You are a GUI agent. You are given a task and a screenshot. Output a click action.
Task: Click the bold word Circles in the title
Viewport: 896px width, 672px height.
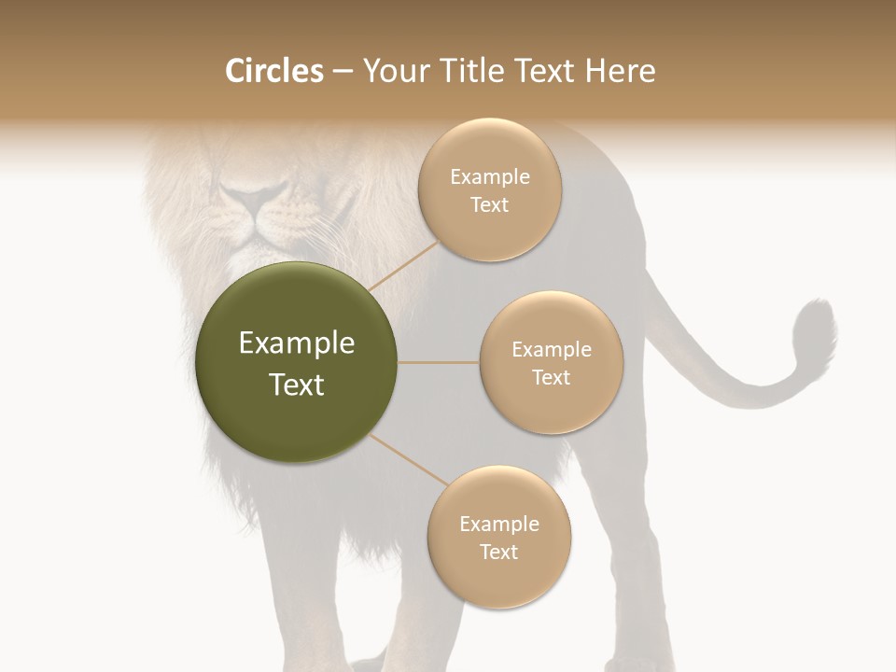[273, 71]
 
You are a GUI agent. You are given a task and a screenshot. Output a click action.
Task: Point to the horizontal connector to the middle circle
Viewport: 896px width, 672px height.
[439, 362]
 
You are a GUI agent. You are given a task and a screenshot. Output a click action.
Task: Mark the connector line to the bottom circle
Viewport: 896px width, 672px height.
[408, 461]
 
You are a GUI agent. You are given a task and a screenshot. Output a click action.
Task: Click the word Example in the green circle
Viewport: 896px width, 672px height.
[297, 343]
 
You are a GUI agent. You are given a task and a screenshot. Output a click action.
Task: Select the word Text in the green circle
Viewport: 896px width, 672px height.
[297, 385]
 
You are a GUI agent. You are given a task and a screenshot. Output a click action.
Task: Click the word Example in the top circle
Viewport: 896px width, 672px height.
[490, 177]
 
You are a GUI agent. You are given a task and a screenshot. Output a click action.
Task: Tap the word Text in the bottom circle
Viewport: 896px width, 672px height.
[498, 552]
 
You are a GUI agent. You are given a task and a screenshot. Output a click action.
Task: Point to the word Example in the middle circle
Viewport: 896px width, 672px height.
[552, 350]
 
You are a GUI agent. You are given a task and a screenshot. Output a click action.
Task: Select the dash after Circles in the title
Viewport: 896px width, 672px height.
[343, 72]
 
